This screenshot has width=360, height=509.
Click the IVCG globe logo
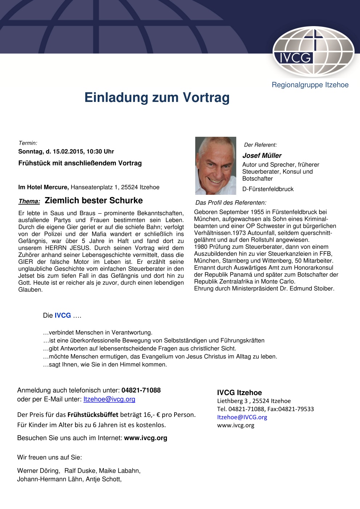pos(313,51)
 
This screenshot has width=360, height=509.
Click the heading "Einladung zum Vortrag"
pos(157,98)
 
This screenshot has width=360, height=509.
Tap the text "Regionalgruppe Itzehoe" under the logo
pos(310,85)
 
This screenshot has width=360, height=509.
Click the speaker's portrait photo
pos(216,165)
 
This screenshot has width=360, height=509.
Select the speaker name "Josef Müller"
pos(262,156)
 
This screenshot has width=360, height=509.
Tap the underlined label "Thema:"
pos(29,201)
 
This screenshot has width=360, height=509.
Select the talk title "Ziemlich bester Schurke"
pos(94,201)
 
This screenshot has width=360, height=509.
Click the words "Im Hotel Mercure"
pos(44,187)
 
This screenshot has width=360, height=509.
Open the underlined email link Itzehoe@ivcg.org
pos(109,399)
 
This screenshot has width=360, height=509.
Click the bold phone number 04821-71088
pos(141,390)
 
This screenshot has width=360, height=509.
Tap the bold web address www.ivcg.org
pos(146,438)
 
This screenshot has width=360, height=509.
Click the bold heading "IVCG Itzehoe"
pos(239,393)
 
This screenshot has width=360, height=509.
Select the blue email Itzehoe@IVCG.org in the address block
pos(242,417)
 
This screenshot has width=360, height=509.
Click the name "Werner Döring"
pos(38,471)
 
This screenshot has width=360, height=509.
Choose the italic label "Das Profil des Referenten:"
pos(231,202)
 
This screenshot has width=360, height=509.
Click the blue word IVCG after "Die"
pos(63,315)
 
